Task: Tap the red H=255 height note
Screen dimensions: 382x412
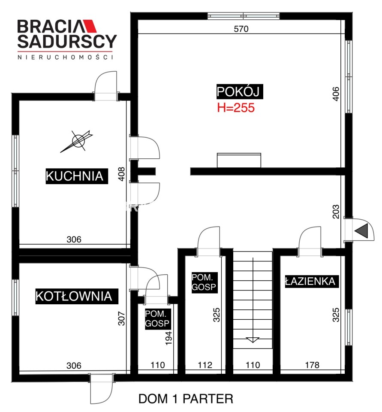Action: click(236, 108)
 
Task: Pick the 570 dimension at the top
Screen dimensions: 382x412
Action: click(241, 29)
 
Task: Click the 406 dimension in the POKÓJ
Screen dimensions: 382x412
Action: click(336, 94)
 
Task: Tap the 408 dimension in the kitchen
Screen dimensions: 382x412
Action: click(121, 174)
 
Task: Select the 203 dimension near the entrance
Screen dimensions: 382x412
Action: click(336, 212)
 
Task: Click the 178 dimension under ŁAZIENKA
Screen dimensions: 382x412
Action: click(312, 365)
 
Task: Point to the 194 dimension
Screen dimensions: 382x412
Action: click(168, 338)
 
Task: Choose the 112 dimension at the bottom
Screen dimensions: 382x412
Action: click(205, 365)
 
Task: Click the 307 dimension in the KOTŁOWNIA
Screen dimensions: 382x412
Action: click(121, 318)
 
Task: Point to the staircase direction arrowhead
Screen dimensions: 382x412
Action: click(253, 340)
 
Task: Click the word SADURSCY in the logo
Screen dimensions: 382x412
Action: click(67, 41)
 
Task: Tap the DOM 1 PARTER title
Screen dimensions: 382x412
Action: click(186, 399)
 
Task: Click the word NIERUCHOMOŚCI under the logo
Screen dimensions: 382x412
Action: click(65, 57)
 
